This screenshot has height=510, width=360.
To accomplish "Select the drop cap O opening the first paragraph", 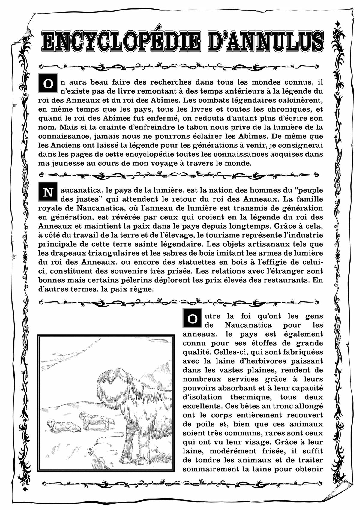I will point(47,84).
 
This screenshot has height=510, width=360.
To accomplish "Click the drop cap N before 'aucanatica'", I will point(47,192).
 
